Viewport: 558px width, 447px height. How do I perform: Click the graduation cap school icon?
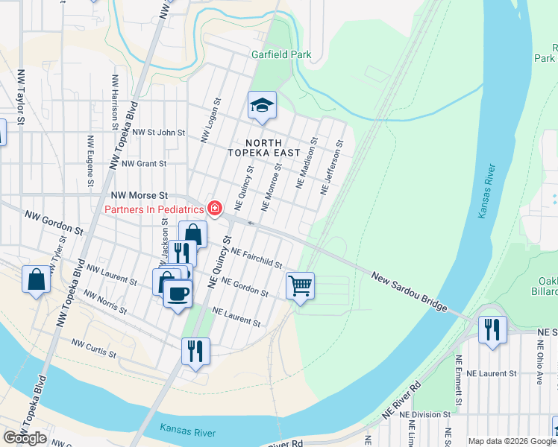point(262,106)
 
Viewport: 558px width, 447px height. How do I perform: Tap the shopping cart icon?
point(300,285)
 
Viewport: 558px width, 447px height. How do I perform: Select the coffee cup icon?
point(178,294)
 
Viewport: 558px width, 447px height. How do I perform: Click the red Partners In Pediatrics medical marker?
point(215,209)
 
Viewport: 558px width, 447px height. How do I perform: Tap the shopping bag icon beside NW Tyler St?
point(37,280)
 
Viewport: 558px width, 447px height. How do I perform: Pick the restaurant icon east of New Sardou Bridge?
point(492,330)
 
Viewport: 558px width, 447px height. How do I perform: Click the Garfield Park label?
point(280,54)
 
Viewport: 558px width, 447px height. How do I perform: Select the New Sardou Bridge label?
point(410,292)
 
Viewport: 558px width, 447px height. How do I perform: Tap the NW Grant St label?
point(143,163)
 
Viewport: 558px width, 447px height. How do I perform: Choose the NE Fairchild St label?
point(255,259)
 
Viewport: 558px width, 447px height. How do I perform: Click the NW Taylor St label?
point(21,96)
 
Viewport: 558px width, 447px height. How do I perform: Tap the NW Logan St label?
point(211,120)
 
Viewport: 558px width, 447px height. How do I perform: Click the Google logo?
point(25,437)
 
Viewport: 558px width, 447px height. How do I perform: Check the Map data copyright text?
point(512,441)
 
